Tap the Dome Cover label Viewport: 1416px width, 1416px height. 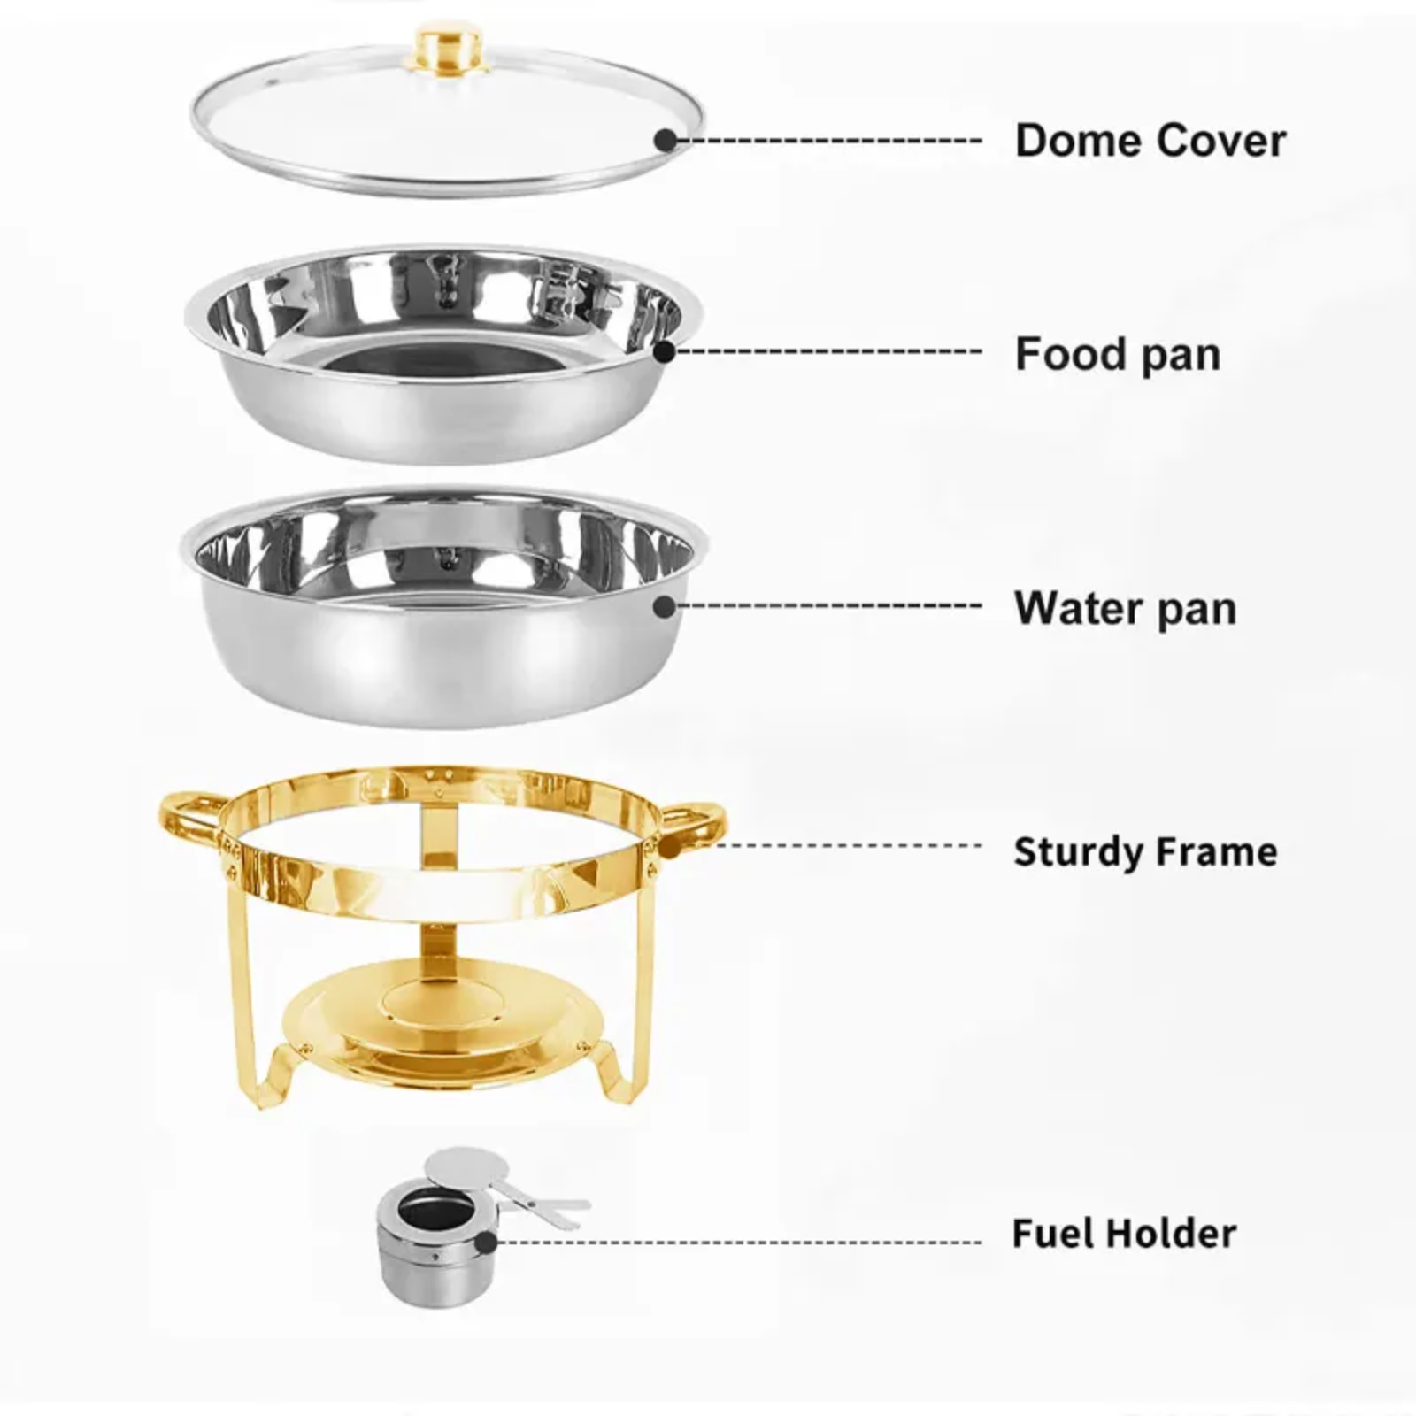1150,141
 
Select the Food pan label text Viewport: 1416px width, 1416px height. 1118,354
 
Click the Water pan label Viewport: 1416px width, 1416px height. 1125,608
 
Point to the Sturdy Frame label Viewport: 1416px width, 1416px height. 1145,851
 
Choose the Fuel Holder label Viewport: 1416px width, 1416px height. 1124,1233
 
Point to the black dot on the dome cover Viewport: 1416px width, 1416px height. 666,140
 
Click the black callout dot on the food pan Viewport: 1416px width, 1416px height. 665,351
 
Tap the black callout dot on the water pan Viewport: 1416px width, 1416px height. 665,606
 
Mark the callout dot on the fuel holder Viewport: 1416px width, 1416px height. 485,1242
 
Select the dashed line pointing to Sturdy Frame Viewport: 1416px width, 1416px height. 850,845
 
